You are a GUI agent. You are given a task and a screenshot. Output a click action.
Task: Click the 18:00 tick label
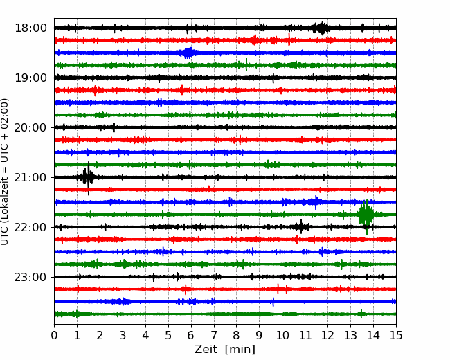(x=30, y=28)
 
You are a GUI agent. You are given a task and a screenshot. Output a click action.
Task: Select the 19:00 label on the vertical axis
(x=30, y=78)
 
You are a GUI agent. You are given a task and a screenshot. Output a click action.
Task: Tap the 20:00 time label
(x=30, y=127)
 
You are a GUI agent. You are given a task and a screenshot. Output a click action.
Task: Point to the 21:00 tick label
(x=30, y=177)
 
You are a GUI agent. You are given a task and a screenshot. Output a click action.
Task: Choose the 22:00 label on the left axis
(x=30, y=227)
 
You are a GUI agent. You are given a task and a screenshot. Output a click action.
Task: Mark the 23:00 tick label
(x=30, y=277)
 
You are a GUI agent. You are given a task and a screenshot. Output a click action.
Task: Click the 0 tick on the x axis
(x=54, y=335)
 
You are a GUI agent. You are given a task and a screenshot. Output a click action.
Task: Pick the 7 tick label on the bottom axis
(x=214, y=335)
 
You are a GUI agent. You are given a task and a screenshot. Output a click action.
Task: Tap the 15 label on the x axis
(x=396, y=335)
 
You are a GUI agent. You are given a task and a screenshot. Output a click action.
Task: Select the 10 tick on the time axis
(x=282, y=335)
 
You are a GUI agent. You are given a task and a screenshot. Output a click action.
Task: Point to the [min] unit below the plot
(x=240, y=350)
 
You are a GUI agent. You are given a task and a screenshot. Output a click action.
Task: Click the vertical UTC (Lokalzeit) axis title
(x=4, y=172)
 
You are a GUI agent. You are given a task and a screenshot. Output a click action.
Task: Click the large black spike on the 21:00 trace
(x=88, y=178)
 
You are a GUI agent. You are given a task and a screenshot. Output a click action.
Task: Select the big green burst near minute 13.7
(x=366, y=215)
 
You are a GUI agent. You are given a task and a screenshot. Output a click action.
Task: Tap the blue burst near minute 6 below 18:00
(x=188, y=53)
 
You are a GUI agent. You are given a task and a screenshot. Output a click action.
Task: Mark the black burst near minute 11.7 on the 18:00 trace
(x=321, y=28)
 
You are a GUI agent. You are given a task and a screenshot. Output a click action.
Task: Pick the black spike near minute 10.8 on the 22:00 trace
(x=301, y=227)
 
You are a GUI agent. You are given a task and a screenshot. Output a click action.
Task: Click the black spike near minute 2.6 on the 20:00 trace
(x=114, y=127)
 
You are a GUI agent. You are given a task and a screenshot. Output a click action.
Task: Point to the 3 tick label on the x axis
(x=123, y=335)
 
